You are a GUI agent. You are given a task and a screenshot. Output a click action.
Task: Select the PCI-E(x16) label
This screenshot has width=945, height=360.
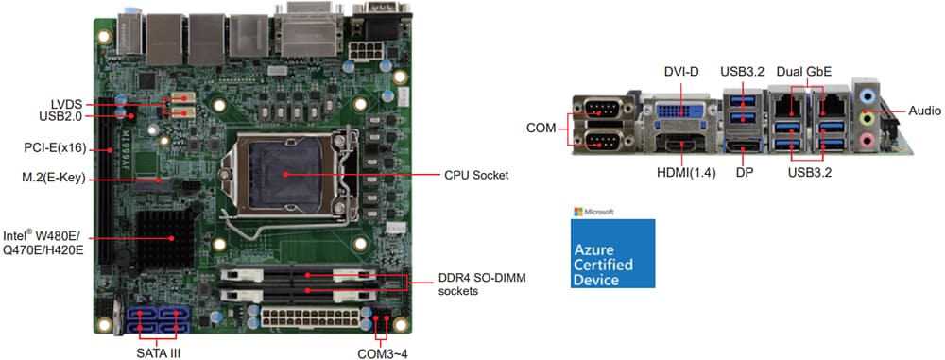pos(54,148)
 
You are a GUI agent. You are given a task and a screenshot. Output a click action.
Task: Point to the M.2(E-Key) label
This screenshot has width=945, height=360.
pos(55,177)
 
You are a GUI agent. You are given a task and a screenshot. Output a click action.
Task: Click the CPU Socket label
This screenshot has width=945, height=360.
pos(477,175)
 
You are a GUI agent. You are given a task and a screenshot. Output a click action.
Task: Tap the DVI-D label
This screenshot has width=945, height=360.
pos(680,72)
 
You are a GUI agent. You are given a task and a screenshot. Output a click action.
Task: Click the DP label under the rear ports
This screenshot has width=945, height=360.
pos(744,174)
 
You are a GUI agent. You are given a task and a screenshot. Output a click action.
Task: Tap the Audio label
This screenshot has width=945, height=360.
pos(924,111)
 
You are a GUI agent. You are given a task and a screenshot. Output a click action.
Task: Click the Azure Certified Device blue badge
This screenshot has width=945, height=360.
pos(613,253)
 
